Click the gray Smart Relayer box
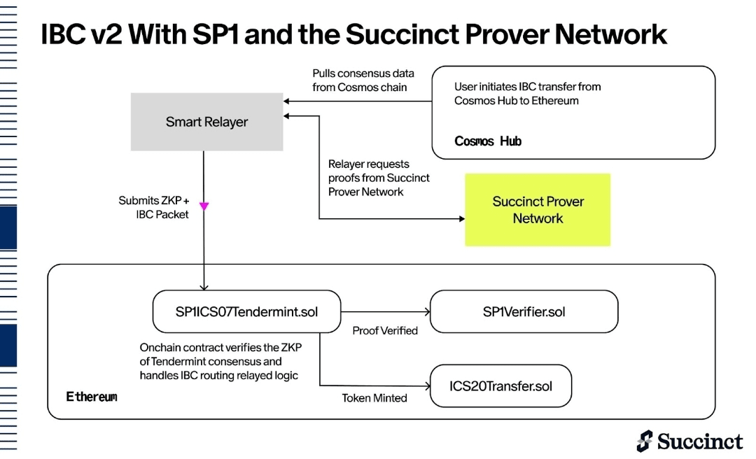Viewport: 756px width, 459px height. [x=206, y=122]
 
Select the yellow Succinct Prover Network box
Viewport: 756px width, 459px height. [x=538, y=210]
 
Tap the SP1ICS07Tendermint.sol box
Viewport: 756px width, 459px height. [x=247, y=311]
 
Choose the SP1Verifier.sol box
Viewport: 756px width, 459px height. [x=524, y=311]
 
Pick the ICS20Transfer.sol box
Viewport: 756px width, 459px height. [x=501, y=386]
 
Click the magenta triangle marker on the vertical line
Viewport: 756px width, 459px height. [x=204, y=206]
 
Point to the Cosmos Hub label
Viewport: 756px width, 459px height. [x=488, y=141]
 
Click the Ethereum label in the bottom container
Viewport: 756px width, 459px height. [x=92, y=397]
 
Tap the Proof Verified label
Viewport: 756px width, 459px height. [x=385, y=331]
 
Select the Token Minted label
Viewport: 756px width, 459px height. [x=374, y=398]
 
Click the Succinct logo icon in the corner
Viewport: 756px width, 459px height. [x=645, y=442]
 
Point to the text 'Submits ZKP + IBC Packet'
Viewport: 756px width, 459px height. [x=154, y=207]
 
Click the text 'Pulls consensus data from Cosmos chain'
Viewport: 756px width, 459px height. [x=363, y=80]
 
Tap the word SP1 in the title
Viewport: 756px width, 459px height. [x=216, y=34]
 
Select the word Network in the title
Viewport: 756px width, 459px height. [x=611, y=34]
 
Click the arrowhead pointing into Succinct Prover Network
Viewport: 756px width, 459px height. [x=462, y=219]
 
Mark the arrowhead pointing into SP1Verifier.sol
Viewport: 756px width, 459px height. [x=427, y=312]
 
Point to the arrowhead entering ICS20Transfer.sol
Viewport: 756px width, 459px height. [x=427, y=386]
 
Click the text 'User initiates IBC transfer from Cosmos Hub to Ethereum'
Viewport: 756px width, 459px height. [x=528, y=94]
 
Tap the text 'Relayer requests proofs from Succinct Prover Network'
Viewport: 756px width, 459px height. [x=379, y=178]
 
